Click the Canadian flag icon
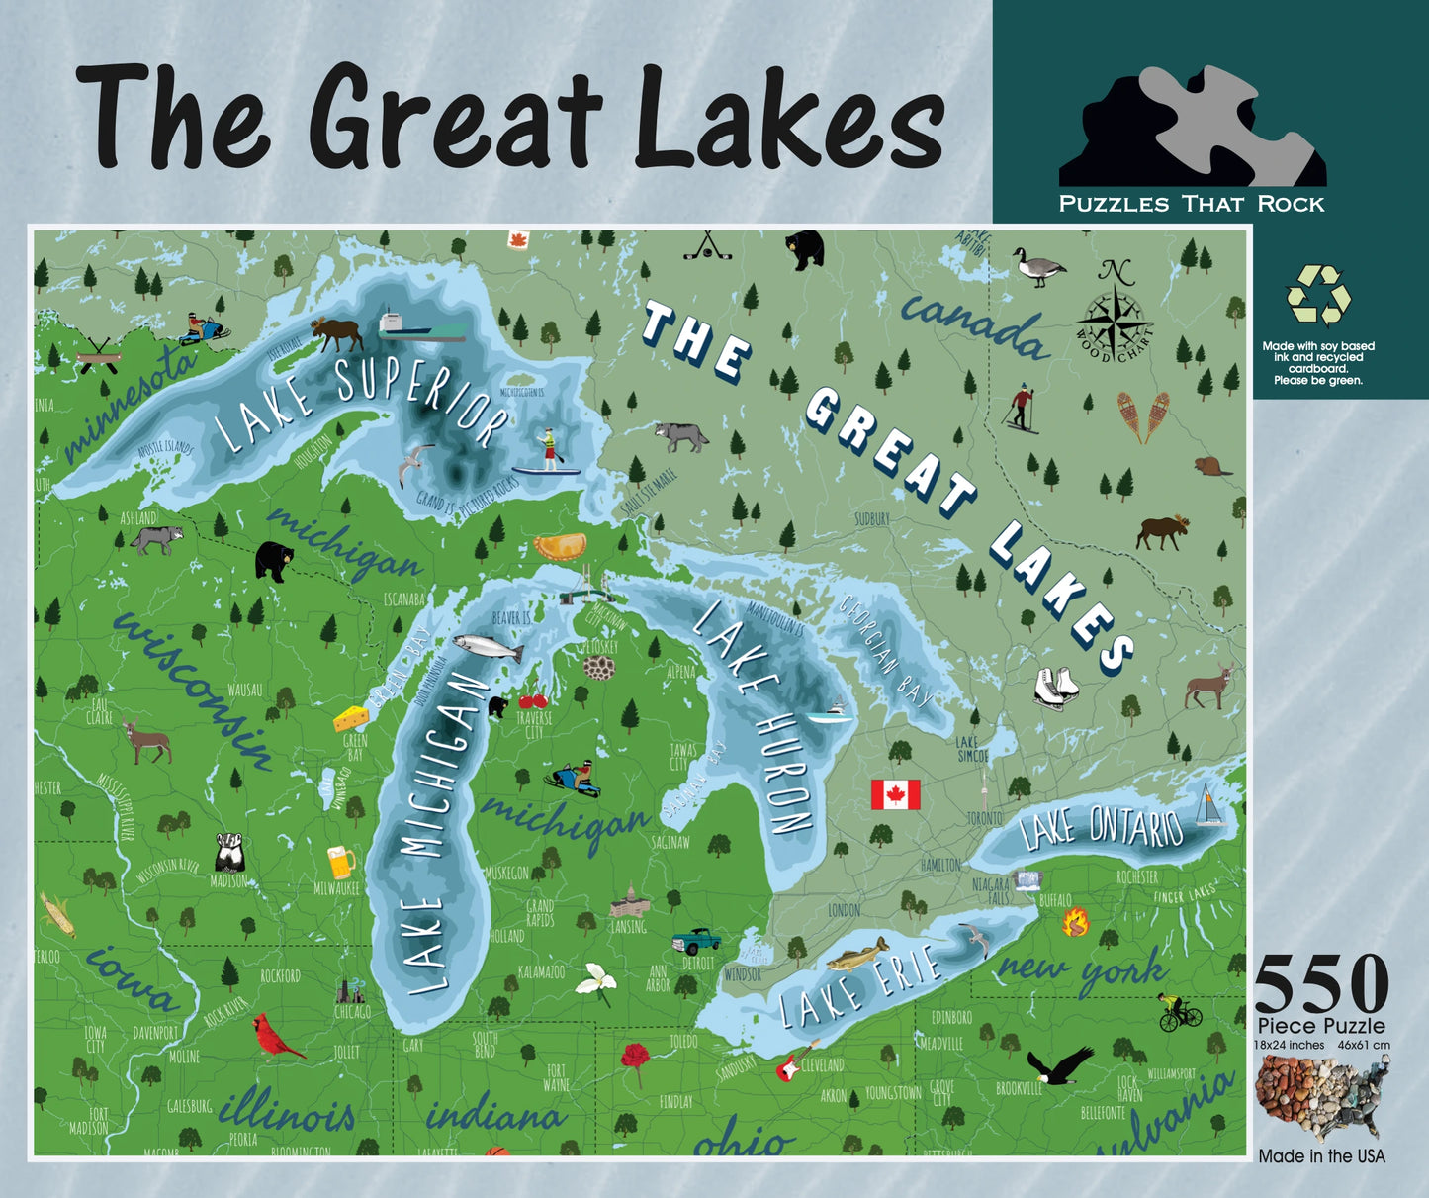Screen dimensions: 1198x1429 point(895,794)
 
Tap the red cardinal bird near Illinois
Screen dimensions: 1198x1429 point(277,1035)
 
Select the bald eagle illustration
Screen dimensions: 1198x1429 point(1059,1067)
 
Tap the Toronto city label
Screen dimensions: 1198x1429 point(984,818)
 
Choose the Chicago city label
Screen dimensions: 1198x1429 point(352,1012)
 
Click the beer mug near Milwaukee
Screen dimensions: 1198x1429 point(340,862)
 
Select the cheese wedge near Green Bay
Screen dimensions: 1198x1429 point(351,717)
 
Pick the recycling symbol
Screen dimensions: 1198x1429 point(1318,295)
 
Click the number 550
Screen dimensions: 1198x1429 point(1321,984)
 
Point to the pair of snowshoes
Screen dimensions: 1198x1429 point(1142,416)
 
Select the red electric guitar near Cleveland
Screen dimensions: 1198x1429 point(789,1062)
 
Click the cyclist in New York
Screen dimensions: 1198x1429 point(1179,1012)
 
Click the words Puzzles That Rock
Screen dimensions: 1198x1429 point(1192,204)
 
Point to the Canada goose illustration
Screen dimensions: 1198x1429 point(1038,266)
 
